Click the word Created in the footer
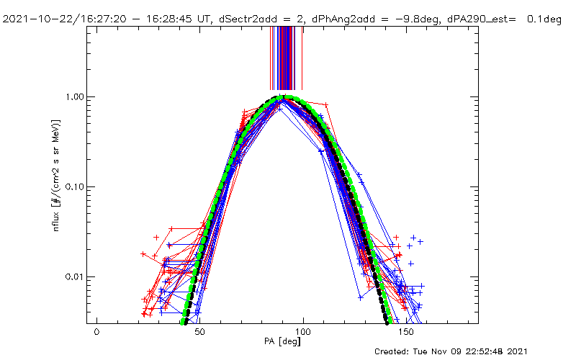point(394,351)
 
